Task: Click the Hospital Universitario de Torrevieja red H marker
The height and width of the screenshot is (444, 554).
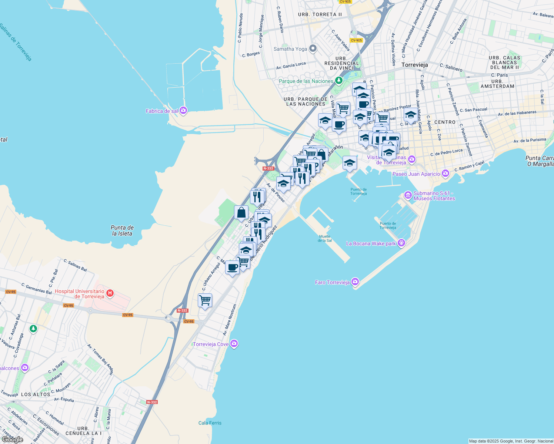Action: (110, 293)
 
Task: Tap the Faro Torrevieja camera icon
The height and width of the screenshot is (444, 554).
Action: (356, 282)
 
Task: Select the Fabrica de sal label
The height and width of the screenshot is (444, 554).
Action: (162, 111)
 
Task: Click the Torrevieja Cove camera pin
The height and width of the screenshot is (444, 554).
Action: (234, 344)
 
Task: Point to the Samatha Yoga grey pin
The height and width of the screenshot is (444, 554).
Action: (313, 48)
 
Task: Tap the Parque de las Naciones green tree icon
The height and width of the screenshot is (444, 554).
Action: (338, 81)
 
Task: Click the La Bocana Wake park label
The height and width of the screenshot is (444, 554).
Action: (371, 243)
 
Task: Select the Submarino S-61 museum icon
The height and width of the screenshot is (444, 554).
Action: (408, 195)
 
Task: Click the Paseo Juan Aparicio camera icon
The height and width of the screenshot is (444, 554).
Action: (445, 173)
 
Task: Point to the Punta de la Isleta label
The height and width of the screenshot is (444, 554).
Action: (122, 231)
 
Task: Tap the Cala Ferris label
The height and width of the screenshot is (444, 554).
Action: (210, 423)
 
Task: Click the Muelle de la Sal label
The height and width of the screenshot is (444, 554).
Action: (325, 239)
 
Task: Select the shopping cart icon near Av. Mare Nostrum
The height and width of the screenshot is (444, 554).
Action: (205, 300)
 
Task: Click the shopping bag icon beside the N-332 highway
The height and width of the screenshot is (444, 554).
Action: (241, 213)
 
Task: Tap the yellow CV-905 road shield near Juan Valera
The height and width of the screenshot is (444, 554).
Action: (356, 40)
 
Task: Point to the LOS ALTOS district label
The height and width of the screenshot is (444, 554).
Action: (36, 394)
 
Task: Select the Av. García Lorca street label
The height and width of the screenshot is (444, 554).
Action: (291, 65)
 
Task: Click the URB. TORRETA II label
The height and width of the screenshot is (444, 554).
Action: (320, 14)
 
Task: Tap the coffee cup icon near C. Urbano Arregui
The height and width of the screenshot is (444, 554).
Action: (232, 267)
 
